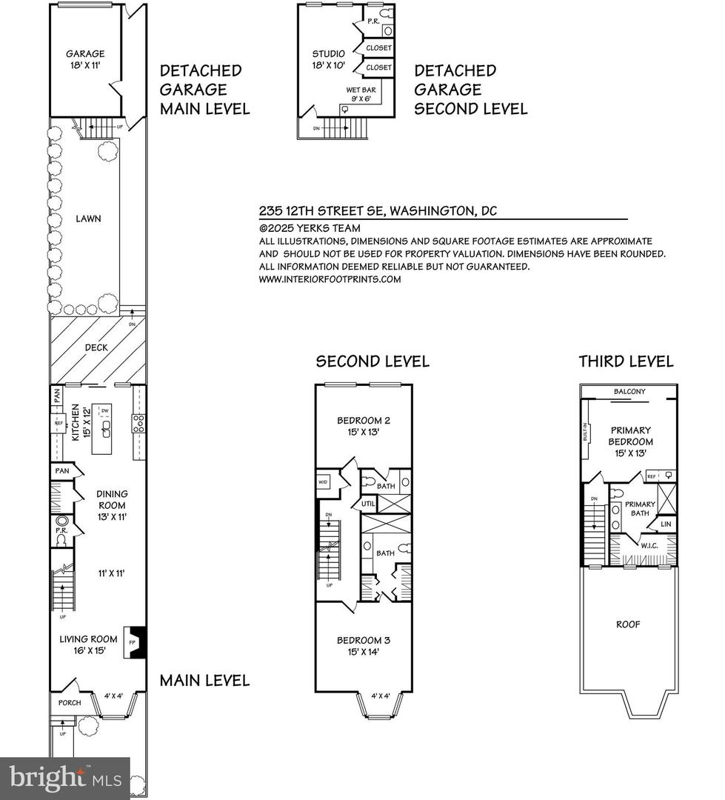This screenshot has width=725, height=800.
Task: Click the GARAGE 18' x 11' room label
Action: coord(85,59)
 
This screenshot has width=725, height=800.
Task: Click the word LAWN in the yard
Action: coord(87,219)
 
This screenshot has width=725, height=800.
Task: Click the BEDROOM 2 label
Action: coord(363,427)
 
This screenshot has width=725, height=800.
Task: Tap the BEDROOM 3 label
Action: coord(363,646)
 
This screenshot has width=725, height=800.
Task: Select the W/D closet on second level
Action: coord(324,482)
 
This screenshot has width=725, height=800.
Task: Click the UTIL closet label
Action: coord(369,504)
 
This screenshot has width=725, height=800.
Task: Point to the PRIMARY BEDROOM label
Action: coord(631,441)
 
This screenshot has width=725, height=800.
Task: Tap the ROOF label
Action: coord(628,624)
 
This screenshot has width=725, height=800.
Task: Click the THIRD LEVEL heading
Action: coord(626,361)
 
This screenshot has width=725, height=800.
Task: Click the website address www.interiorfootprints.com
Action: coord(330,279)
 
